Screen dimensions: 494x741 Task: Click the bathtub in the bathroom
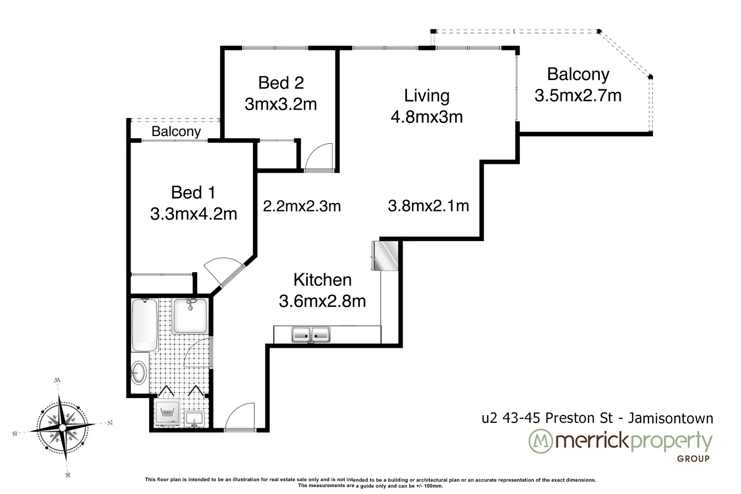145,324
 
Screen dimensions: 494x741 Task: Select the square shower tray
192,316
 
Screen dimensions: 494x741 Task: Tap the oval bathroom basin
139,372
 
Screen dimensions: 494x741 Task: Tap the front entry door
240,417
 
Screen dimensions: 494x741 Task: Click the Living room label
426,95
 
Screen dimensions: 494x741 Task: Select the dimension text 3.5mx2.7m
577,95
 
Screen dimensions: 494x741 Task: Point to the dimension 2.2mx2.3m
302,206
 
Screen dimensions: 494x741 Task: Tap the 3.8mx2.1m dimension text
428,206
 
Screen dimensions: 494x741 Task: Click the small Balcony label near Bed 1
176,131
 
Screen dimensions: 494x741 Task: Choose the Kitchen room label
322,280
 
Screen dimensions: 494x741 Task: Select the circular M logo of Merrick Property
540,442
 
